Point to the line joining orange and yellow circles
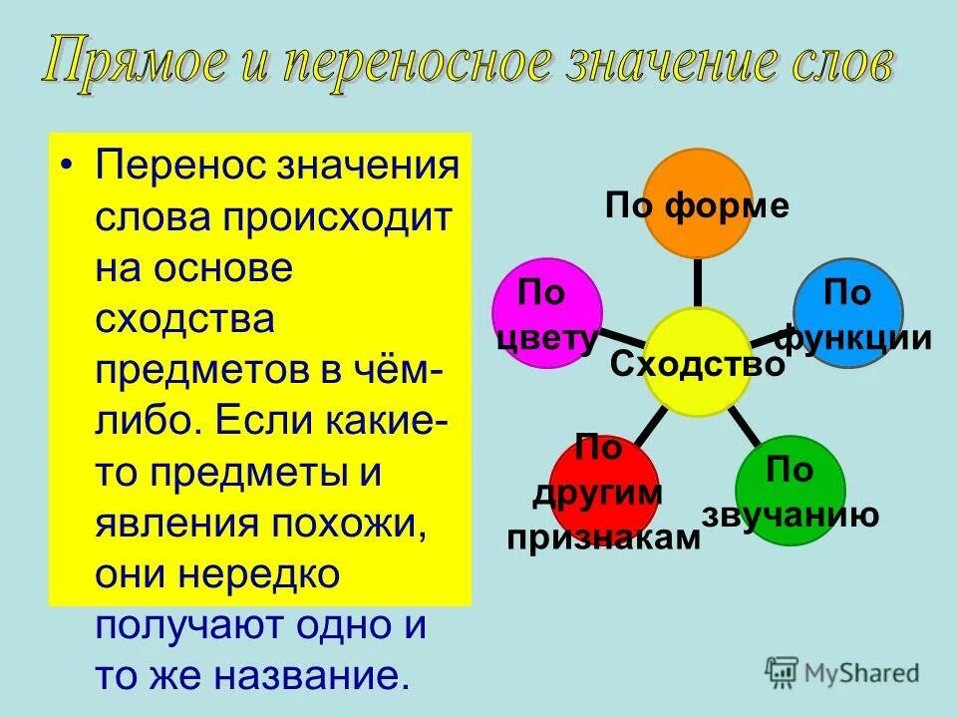click(x=697, y=283)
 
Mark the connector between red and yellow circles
click(x=648, y=426)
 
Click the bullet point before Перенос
click(x=67, y=165)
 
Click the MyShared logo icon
click(x=783, y=672)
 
